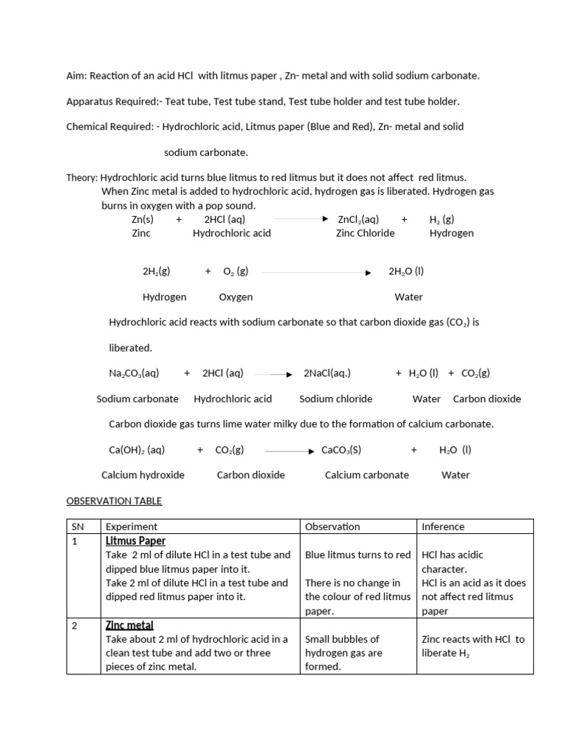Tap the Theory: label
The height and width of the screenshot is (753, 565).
click(x=82, y=177)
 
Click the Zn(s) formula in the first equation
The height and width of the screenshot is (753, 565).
click(x=143, y=219)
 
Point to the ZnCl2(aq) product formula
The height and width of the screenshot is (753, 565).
click(x=358, y=219)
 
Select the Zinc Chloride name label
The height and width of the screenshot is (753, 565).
click(x=365, y=233)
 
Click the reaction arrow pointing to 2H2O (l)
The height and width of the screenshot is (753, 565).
click(x=316, y=272)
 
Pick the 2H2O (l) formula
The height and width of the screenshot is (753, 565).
click(x=406, y=271)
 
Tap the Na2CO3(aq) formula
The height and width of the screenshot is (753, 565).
click(x=134, y=373)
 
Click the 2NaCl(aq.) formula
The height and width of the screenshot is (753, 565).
click(x=327, y=373)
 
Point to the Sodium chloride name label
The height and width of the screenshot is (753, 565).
click(x=335, y=399)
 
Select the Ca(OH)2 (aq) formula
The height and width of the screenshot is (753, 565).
click(x=137, y=449)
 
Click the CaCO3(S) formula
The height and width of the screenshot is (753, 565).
click(x=341, y=449)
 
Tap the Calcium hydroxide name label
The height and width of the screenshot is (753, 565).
click(x=143, y=475)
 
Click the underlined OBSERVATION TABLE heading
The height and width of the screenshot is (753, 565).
click(x=114, y=501)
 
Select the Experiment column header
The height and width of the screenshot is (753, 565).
click(x=132, y=527)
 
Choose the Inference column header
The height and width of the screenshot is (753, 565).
click(x=443, y=527)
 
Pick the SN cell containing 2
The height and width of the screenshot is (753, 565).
click(x=74, y=625)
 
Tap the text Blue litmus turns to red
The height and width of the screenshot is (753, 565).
click(x=358, y=555)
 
